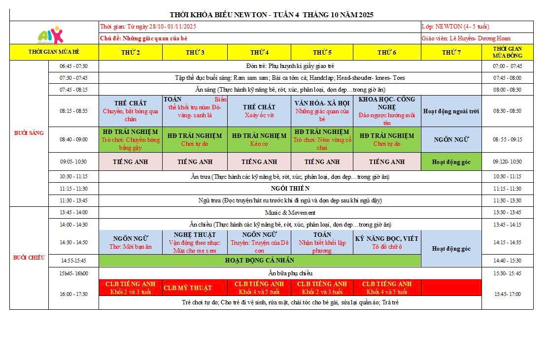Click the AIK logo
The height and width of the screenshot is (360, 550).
(51, 34)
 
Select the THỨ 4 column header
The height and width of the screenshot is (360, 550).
(259, 52)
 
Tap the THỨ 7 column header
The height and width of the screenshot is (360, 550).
(451, 52)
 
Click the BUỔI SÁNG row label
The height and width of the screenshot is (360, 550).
(29, 133)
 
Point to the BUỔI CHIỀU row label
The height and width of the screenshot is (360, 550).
(29, 258)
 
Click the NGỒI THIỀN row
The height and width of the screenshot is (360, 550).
(290, 189)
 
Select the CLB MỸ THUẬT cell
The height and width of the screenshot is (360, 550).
(195, 288)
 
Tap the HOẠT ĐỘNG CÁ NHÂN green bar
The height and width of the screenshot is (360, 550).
(260, 261)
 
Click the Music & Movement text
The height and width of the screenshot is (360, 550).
(290, 213)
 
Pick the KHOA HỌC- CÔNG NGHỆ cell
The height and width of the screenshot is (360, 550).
(387, 111)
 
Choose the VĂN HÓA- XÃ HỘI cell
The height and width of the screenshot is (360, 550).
(322, 111)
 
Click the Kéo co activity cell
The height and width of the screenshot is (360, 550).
(259, 139)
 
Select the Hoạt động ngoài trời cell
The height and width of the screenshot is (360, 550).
(451, 111)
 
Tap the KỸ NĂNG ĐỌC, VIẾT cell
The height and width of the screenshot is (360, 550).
(387, 242)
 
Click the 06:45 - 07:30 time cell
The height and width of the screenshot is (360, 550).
(73, 66)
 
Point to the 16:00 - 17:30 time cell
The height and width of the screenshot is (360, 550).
(73, 294)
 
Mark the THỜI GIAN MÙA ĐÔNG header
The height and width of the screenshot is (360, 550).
(508, 52)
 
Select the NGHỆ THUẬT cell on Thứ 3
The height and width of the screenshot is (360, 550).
(195, 242)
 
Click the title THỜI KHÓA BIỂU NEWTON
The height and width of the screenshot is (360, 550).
(271, 15)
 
